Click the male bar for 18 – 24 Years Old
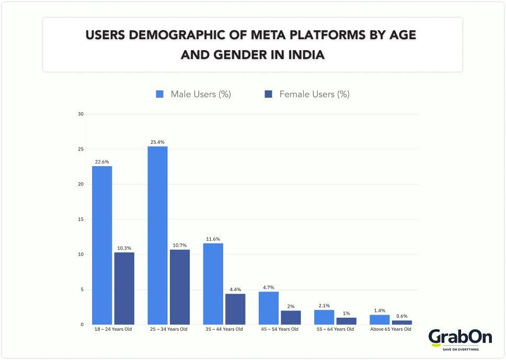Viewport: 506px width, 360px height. pos(102,245)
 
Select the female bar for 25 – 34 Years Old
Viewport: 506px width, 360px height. pos(180,287)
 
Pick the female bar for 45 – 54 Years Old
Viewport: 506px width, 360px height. pos(291,317)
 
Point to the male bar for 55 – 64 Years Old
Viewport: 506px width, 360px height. pos(324,317)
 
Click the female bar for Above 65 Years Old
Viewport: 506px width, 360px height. pos(402,322)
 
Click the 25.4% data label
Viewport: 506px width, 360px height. pos(157,142)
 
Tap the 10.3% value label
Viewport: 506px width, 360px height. pos(124,248)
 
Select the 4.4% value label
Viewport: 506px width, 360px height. pos(235,289)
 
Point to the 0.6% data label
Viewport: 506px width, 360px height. pos(402,316)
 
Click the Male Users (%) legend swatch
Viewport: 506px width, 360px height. pos(160,95)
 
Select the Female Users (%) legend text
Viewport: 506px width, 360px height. pos(314,95)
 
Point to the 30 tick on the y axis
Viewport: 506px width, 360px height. pos(80,114)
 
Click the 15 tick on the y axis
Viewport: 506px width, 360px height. pos(80,219)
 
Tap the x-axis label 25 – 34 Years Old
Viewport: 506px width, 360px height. pos(168,329)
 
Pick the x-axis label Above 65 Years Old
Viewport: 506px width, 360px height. pos(390,329)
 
